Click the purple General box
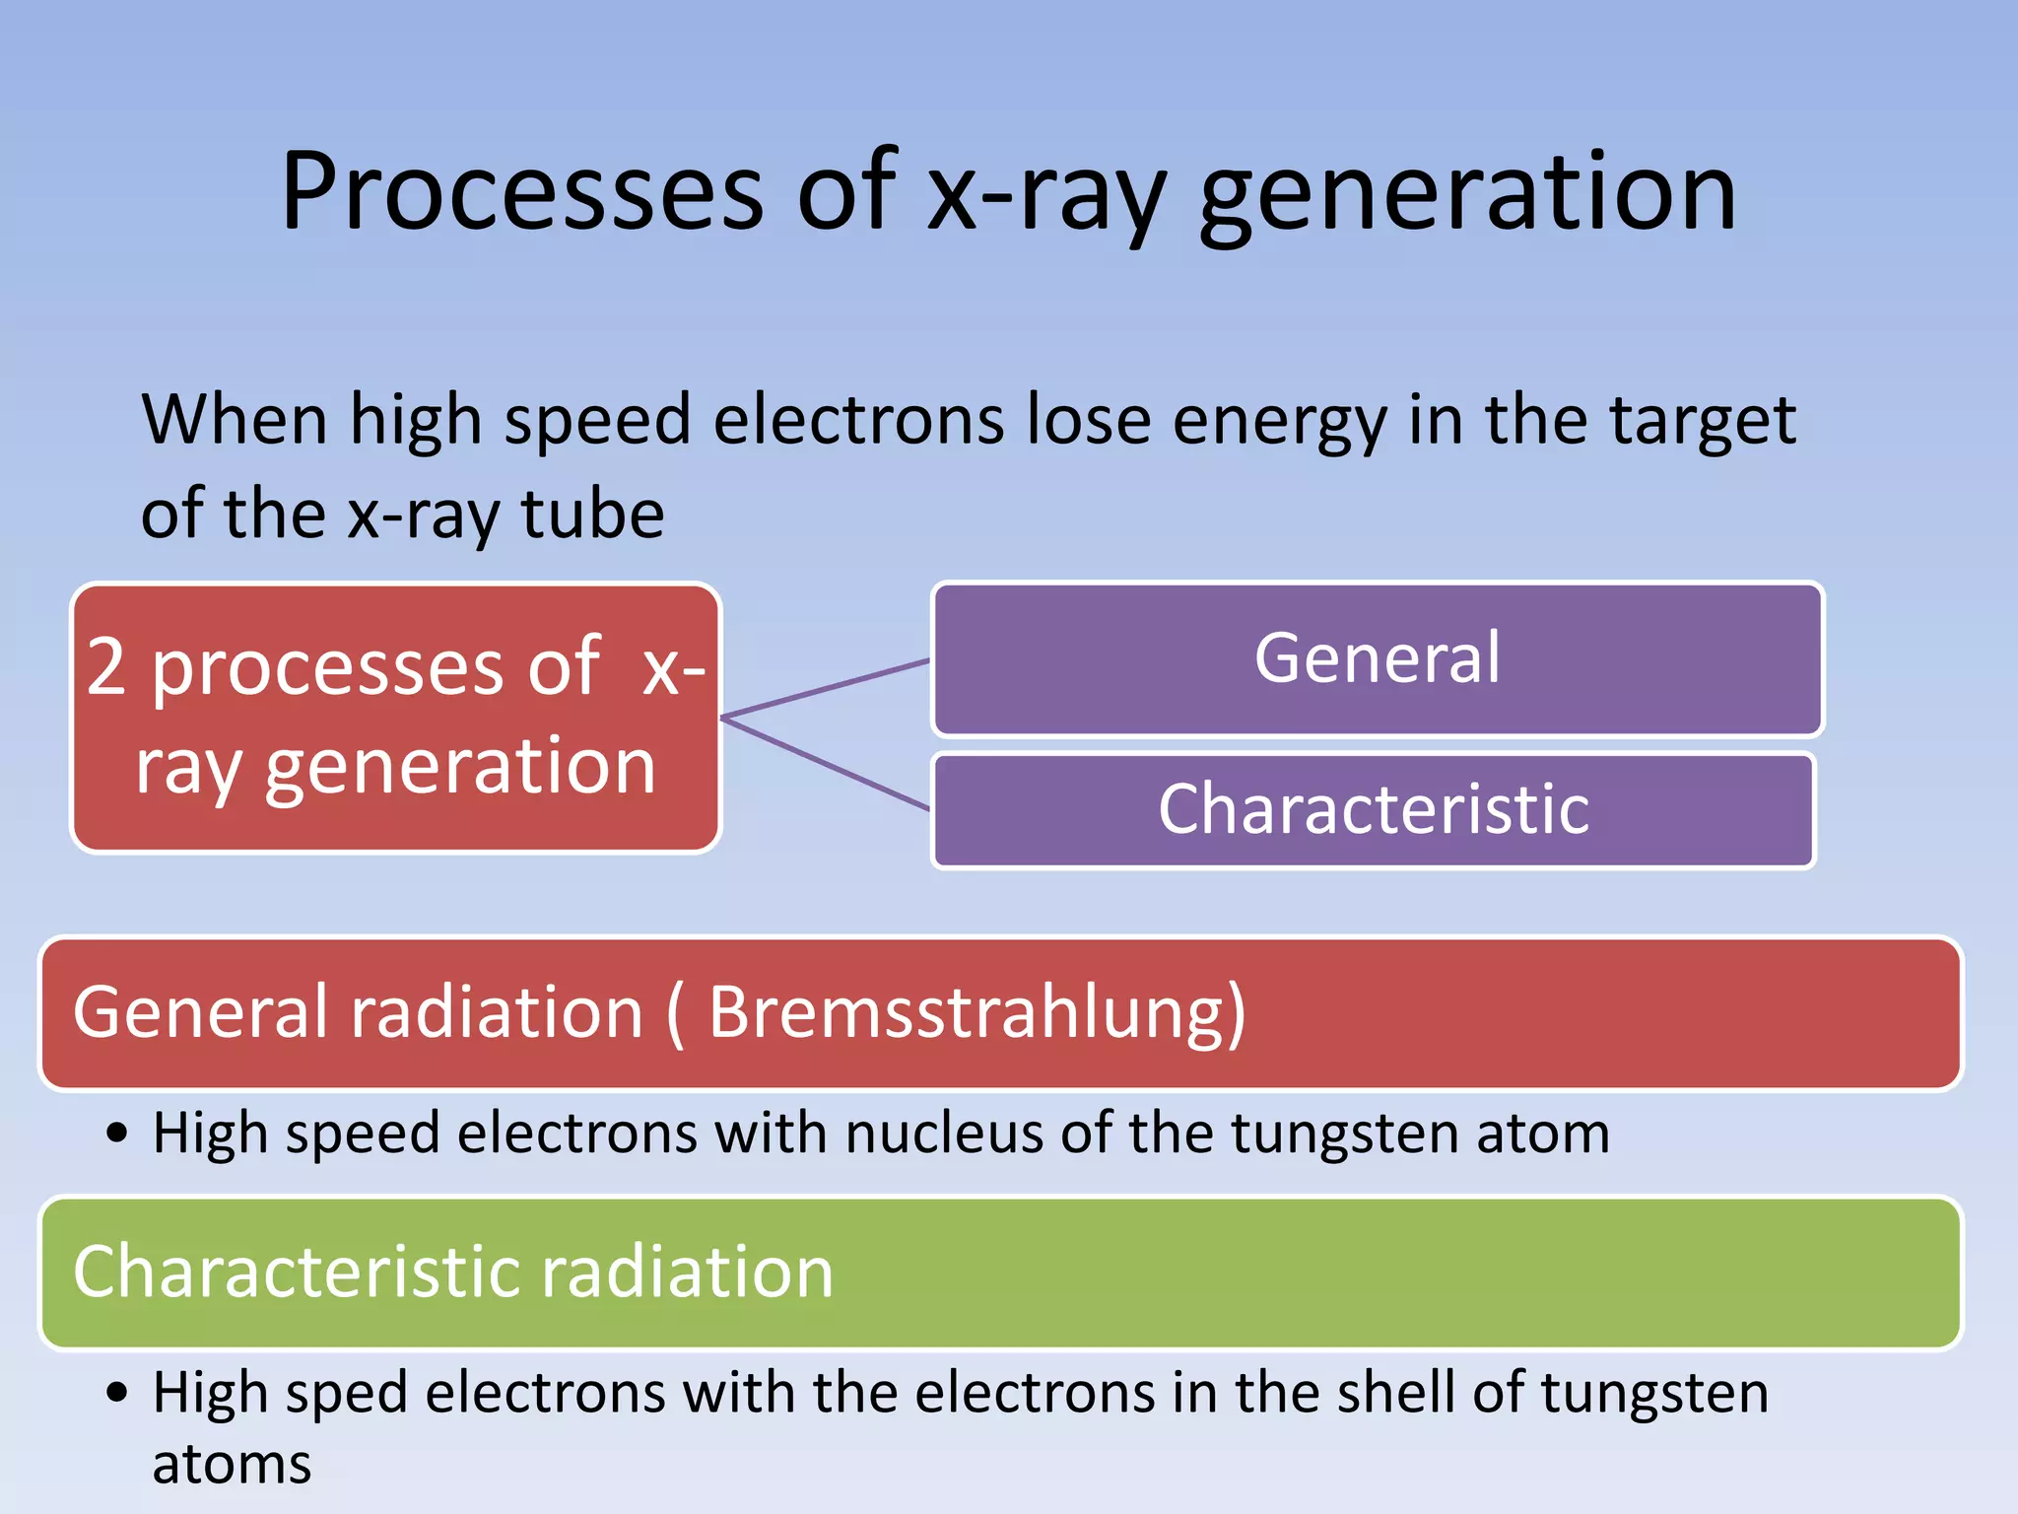click(1378, 658)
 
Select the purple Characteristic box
click(1373, 810)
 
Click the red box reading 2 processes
click(396, 717)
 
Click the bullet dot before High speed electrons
click(117, 1134)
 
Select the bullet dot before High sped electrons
click(117, 1393)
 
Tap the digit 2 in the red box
click(106, 667)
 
